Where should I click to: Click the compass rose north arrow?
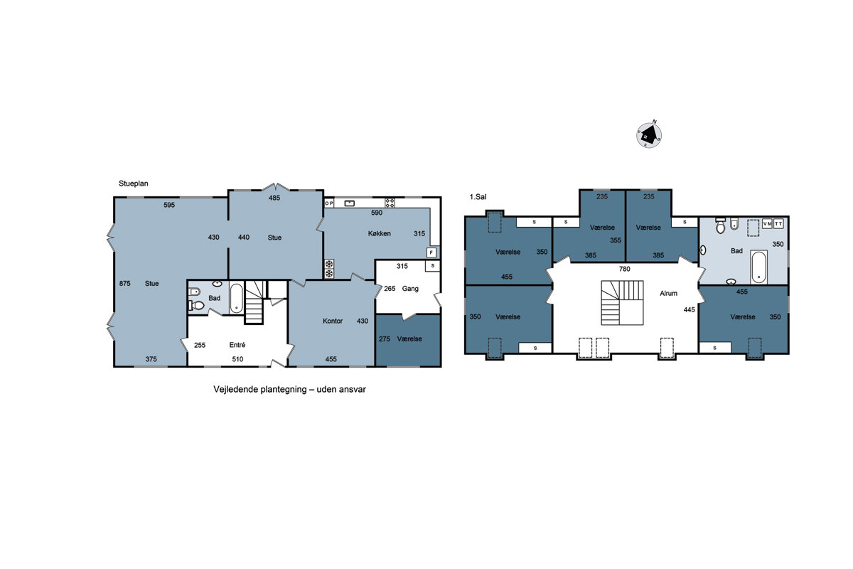point(649,135)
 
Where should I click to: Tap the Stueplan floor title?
point(134,184)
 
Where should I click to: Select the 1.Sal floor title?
point(478,197)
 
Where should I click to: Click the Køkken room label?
point(380,233)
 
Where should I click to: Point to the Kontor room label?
point(333,321)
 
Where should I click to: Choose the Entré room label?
point(237,344)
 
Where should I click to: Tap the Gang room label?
point(410,289)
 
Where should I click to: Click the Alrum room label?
point(669,293)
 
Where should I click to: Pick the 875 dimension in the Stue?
point(125,283)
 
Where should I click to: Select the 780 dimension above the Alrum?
point(625,269)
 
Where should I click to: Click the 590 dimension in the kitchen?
point(377,213)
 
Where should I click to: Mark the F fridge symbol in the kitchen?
point(431,252)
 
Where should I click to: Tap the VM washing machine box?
point(767,224)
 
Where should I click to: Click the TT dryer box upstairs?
point(778,224)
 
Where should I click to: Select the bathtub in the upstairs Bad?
point(758,267)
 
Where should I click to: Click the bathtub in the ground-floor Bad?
point(237,299)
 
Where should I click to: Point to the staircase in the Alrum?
point(622,303)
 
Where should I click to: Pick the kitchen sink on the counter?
point(349,203)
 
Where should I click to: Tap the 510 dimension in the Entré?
point(237,359)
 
